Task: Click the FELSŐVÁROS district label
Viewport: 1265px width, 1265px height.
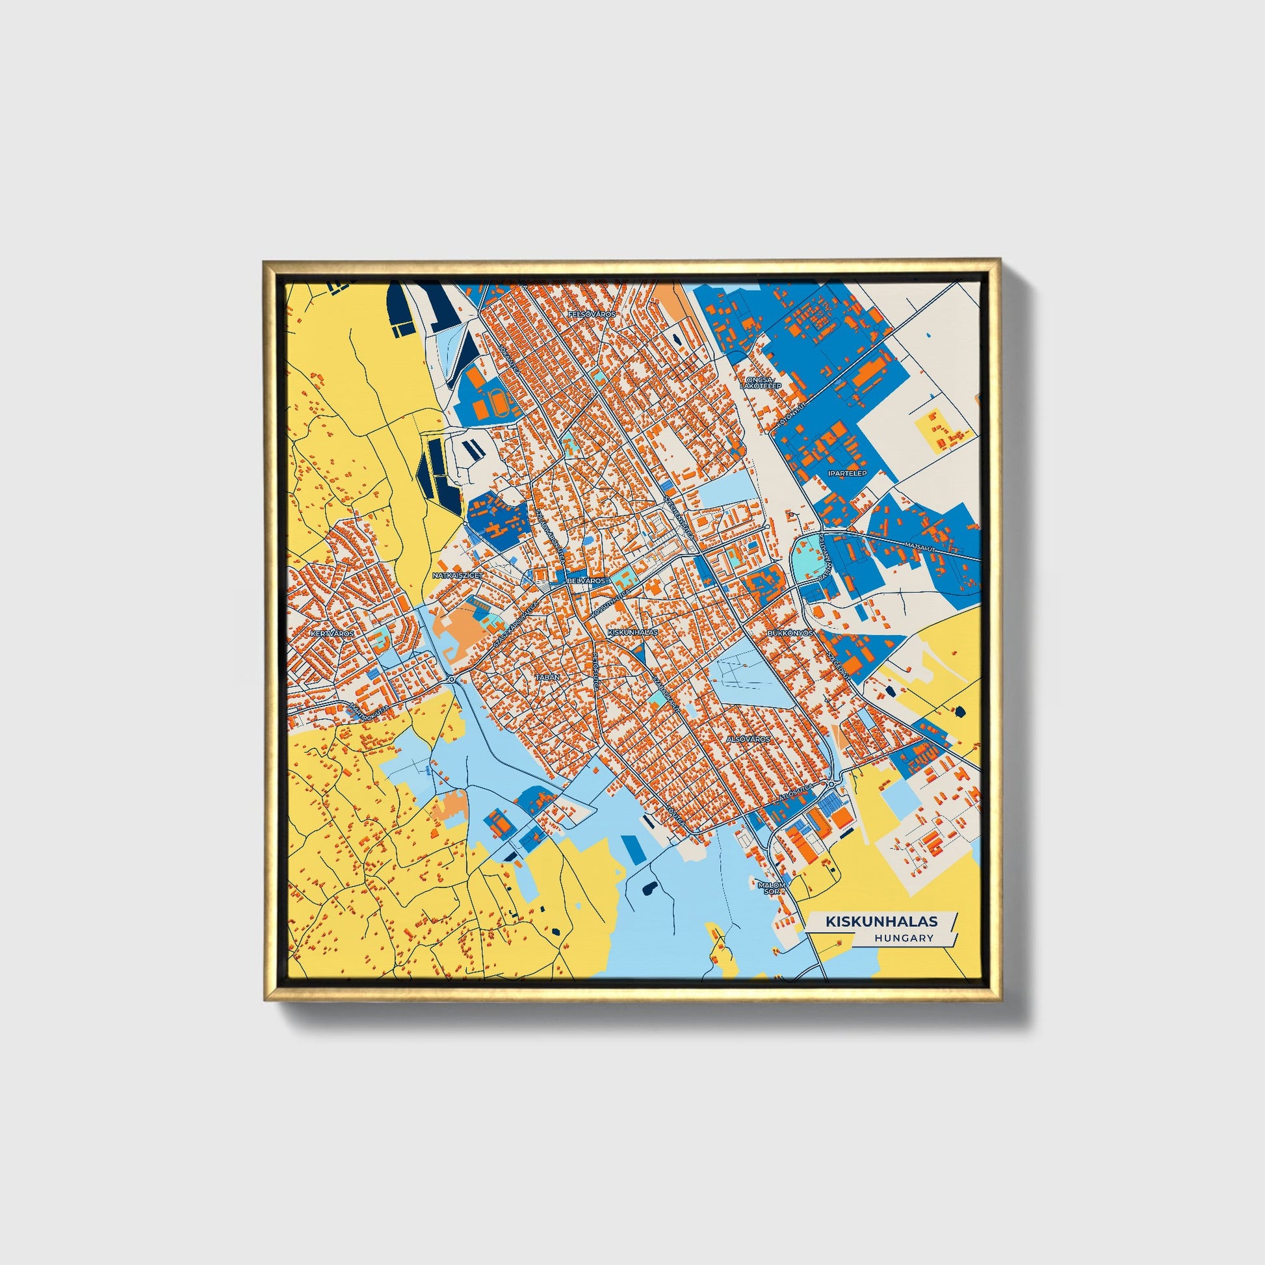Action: coord(592,314)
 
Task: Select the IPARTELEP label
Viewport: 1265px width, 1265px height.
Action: coord(846,473)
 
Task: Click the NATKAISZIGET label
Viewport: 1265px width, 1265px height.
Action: coord(458,575)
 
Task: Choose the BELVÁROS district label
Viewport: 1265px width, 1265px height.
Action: coord(586,580)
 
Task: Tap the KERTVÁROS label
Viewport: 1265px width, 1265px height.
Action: coord(333,634)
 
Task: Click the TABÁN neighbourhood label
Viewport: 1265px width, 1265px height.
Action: coord(547,677)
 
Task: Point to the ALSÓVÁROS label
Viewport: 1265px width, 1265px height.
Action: coord(749,738)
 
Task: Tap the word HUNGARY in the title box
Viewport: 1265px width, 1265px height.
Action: coord(903,938)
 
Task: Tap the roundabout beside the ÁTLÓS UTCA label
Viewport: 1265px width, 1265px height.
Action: coord(830,785)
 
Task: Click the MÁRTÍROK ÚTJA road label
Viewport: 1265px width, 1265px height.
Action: coord(370,710)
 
